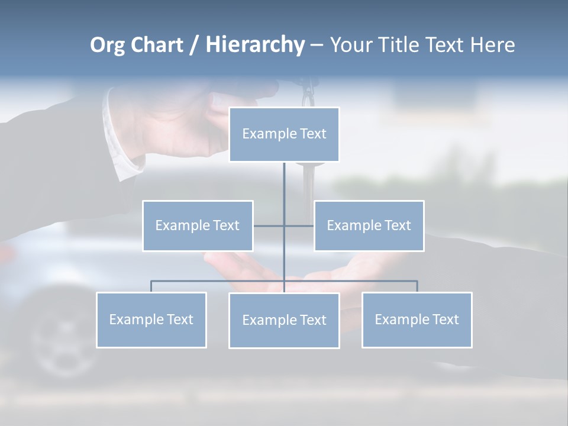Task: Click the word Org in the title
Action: click(107, 45)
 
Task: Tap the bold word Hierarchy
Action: click(254, 45)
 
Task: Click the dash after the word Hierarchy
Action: click(317, 45)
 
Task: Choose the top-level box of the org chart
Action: click(284, 134)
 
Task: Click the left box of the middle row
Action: click(198, 225)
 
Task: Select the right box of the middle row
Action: click(369, 225)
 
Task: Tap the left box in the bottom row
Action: click(151, 319)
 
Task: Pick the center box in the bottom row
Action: click(284, 320)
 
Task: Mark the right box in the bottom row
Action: click(417, 319)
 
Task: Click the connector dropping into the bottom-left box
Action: click(151, 286)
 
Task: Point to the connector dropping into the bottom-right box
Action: click(417, 286)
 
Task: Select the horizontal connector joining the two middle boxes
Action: click(269, 225)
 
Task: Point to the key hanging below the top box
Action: click(308, 183)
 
